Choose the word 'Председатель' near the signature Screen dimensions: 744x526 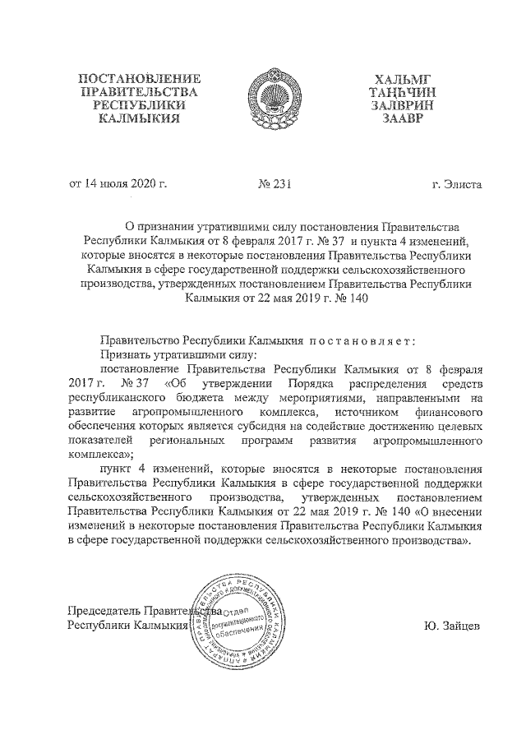(103, 612)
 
